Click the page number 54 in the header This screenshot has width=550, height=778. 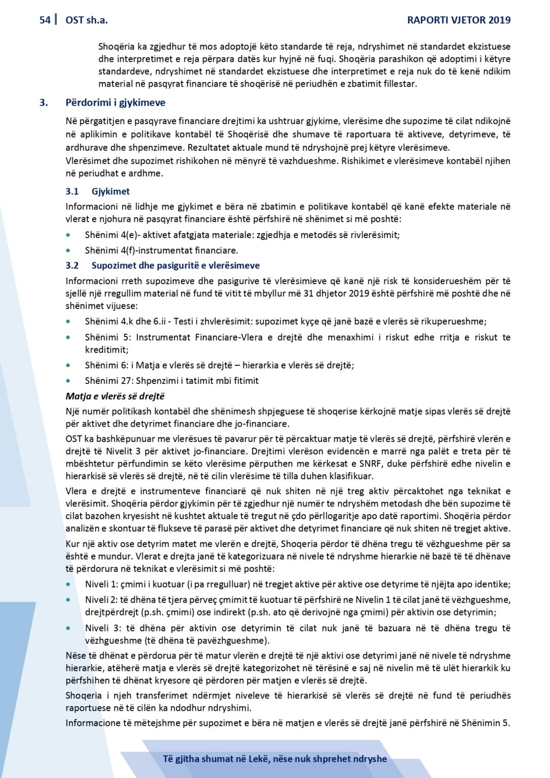pos(45,20)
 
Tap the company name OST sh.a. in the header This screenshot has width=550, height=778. pos(87,20)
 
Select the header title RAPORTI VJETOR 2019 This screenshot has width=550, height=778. pos(459,20)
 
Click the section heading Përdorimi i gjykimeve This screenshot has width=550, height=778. pos(115,103)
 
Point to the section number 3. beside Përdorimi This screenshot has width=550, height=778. pos(44,103)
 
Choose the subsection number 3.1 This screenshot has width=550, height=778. pos(72,191)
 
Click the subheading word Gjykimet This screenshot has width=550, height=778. pos(110,191)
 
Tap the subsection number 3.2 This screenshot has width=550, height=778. pos(72,265)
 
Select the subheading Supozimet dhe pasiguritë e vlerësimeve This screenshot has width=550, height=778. pos(175,265)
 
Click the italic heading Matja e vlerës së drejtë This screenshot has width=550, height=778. pos(115,396)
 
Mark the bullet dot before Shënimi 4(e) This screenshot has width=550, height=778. pos(68,235)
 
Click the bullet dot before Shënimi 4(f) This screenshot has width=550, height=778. pos(68,250)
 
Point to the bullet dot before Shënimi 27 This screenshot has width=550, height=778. pos(68,381)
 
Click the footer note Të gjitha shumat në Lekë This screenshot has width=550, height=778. pos(274,759)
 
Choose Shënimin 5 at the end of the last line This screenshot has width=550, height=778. pos(485,723)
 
